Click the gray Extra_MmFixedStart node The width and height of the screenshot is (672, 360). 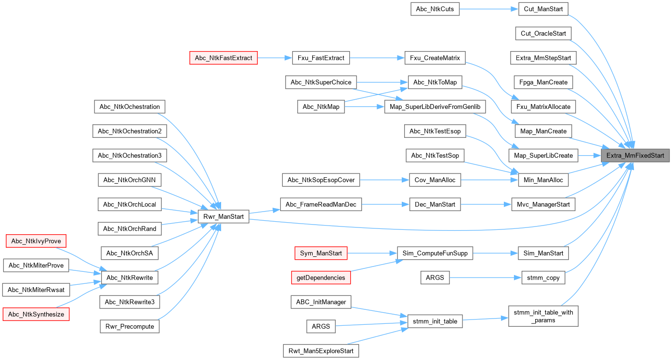pyautogui.click(x=635, y=156)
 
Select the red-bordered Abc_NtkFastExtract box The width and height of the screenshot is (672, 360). pyautogui.click(x=224, y=58)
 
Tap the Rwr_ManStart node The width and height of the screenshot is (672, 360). pyautogui.click(x=223, y=217)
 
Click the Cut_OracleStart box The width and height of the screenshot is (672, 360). pyautogui.click(x=543, y=33)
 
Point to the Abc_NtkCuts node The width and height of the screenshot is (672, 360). pyautogui.click(x=435, y=9)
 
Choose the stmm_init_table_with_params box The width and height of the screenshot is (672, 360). pyautogui.click(x=543, y=316)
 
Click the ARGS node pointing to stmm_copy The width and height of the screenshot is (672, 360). pyautogui.click(x=435, y=277)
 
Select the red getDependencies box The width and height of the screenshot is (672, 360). pyautogui.click(x=321, y=278)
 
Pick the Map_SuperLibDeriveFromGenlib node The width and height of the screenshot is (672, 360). pyautogui.click(x=435, y=107)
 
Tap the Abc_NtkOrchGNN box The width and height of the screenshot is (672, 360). pyautogui.click(x=130, y=180)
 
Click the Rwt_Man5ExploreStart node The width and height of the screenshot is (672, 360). pyautogui.click(x=321, y=350)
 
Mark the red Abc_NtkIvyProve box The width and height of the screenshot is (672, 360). pyautogui.click(x=35, y=240)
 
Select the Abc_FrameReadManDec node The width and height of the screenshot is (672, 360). pyautogui.click(x=321, y=204)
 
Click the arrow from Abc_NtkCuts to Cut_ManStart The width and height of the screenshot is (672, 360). pyautogui.click(x=488, y=9)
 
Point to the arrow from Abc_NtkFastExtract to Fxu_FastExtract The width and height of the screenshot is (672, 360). pyautogui.click(x=275, y=58)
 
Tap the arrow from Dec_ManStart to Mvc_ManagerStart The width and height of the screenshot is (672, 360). pyautogui.click(x=485, y=204)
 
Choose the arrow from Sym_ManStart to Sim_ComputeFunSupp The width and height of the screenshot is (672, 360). pyautogui.click(x=371, y=253)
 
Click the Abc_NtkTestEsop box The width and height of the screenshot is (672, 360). pyautogui.click(x=435, y=131)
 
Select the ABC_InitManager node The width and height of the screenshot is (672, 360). pyautogui.click(x=321, y=302)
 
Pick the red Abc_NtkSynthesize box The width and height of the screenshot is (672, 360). pyautogui.click(x=36, y=314)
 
